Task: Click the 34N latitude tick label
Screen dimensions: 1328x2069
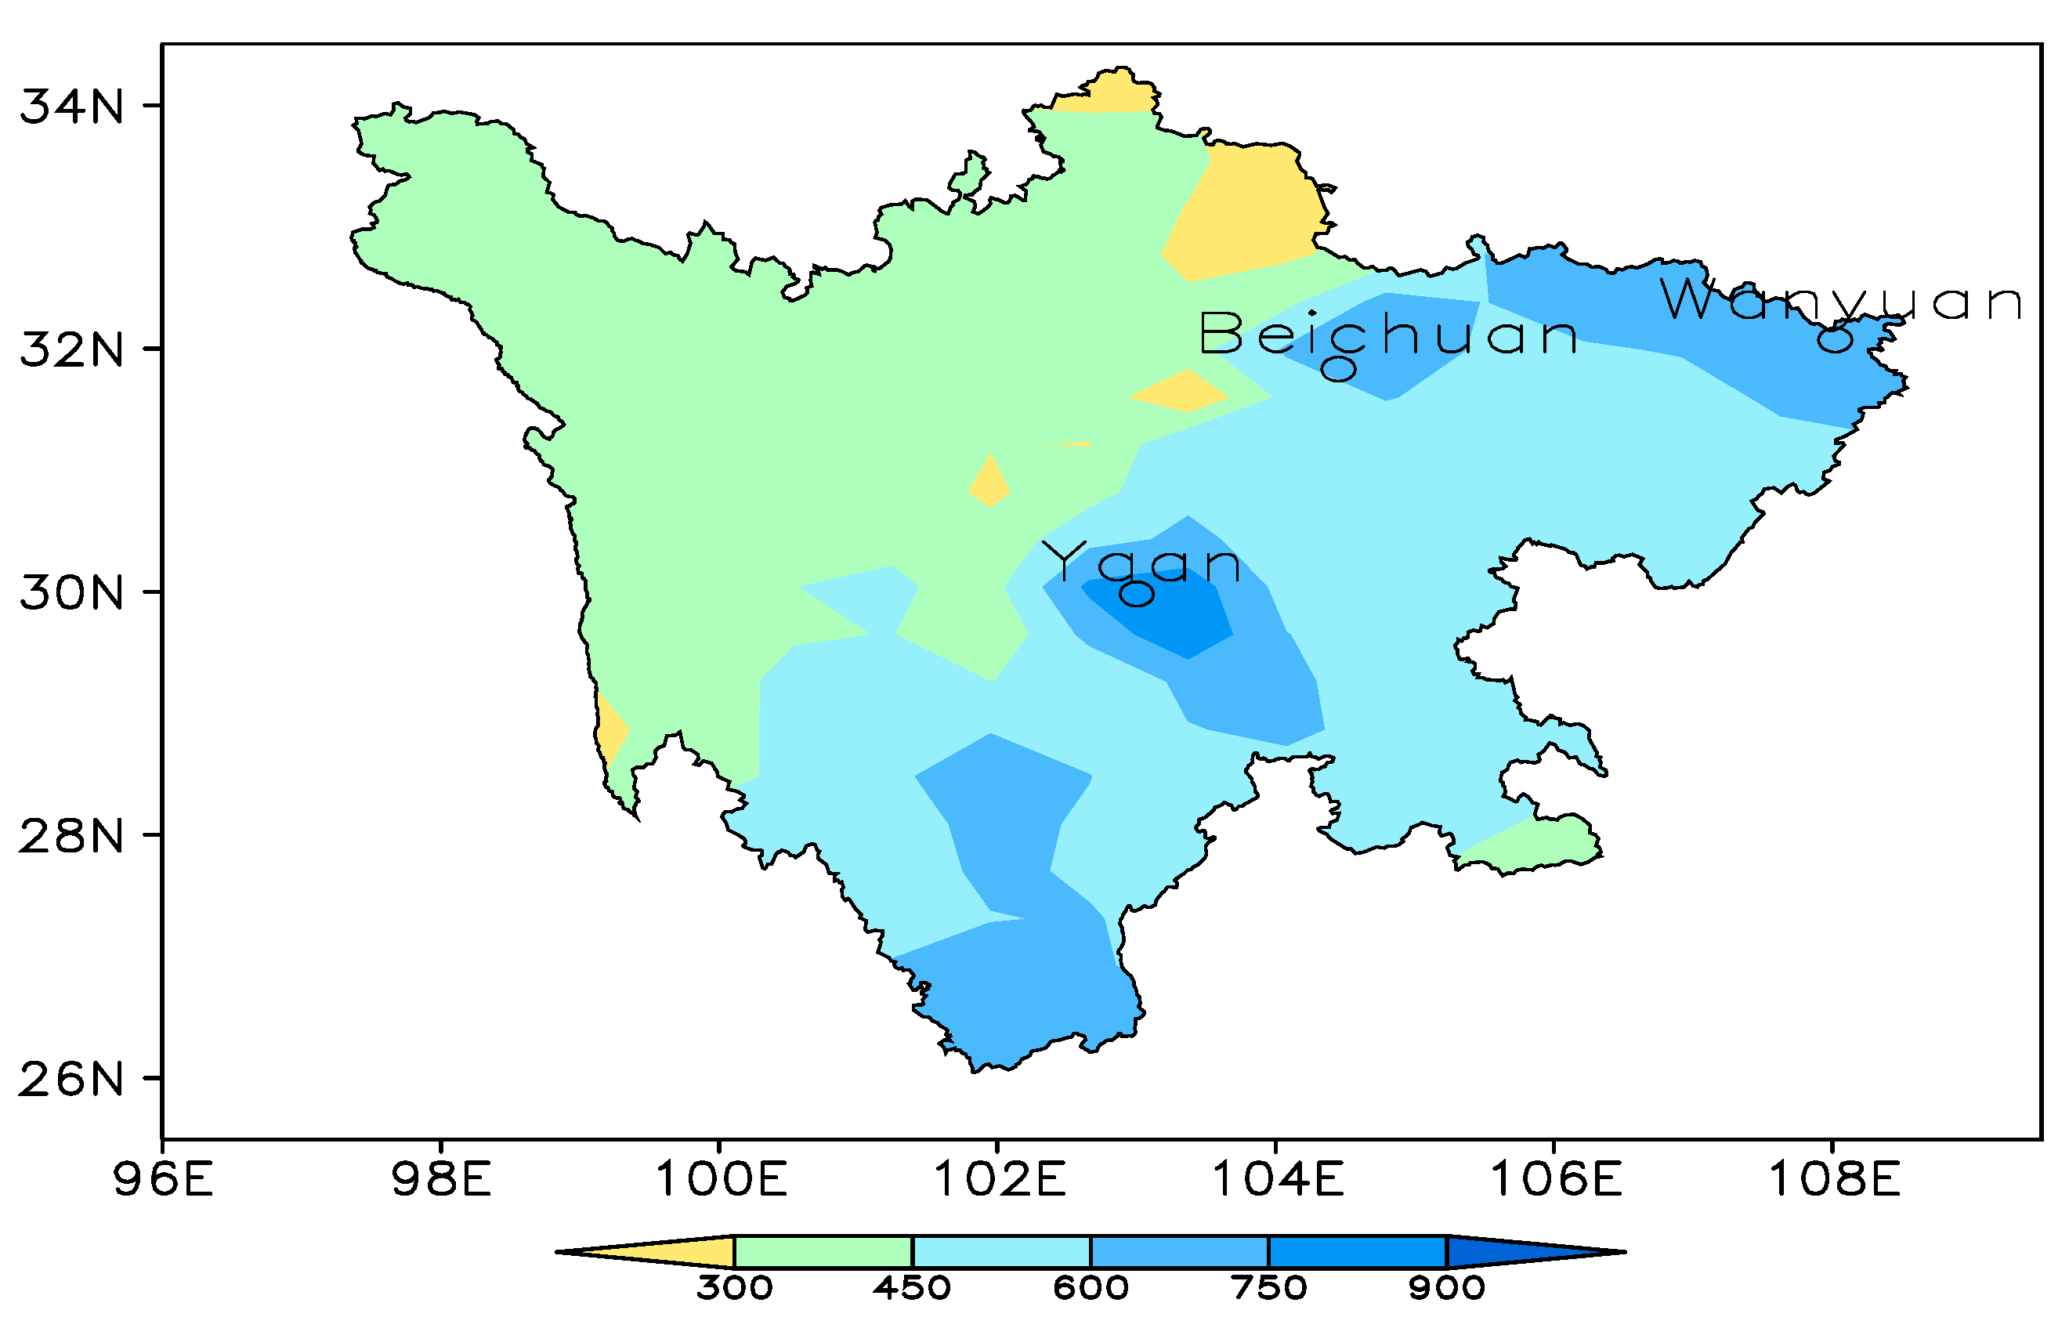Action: point(71,107)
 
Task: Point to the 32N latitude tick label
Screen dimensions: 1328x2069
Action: point(71,349)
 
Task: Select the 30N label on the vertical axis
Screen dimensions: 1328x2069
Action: point(71,592)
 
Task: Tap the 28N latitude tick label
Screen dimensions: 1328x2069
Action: point(71,836)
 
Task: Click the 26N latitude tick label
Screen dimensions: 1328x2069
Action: point(71,1079)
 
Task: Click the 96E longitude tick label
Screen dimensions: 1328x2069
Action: point(163,1179)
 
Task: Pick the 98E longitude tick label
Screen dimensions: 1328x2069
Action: point(441,1179)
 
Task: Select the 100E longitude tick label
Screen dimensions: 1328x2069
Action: point(721,1179)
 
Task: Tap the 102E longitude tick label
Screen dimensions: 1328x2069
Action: point(999,1179)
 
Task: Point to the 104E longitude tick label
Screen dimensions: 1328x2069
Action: point(1278,1179)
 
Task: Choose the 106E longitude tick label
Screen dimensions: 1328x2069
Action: point(1556,1179)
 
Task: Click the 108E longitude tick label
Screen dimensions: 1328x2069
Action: point(1835,1179)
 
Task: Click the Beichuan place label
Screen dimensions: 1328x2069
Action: point(1389,335)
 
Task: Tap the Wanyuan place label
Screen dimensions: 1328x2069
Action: point(1841,300)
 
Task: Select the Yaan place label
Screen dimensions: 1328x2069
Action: point(1141,563)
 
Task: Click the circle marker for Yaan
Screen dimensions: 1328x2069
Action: point(1136,593)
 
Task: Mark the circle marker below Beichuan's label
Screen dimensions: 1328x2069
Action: point(1339,369)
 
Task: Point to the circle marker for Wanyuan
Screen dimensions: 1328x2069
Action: point(1835,341)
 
